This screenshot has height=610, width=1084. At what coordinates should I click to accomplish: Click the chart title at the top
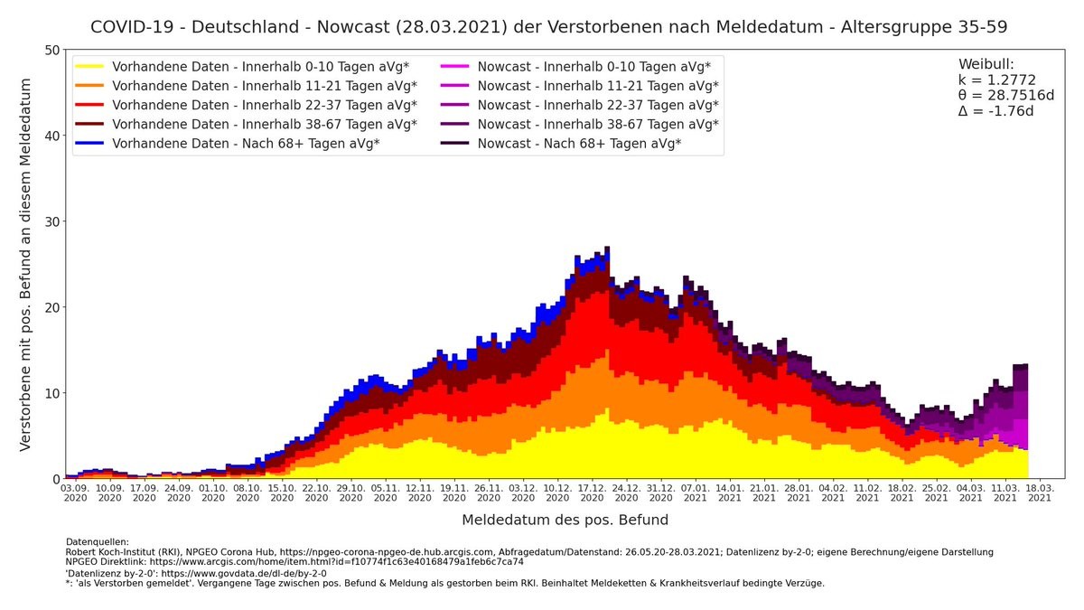[x=548, y=27]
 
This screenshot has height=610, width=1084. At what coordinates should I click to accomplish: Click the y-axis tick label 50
[x=53, y=50]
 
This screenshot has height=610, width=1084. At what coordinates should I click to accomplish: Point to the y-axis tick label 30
[x=53, y=221]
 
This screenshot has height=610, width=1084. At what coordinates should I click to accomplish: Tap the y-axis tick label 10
[x=53, y=393]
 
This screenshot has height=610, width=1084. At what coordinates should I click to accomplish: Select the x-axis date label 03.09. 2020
[x=75, y=492]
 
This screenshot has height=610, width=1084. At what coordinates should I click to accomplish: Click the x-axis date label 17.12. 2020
[x=592, y=492]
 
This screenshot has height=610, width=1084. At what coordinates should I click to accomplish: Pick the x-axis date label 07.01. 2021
[x=695, y=492]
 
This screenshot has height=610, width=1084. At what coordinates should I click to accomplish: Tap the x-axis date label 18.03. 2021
[x=1040, y=492]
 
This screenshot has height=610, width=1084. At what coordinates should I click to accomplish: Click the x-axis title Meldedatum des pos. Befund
[x=565, y=520]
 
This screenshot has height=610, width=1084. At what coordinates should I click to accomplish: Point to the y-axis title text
[x=25, y=264]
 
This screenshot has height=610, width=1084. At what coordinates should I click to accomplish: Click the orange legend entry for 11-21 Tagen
[x=264, y=86]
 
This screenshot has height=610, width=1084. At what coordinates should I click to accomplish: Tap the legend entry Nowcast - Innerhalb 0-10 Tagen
[x=593, y=67]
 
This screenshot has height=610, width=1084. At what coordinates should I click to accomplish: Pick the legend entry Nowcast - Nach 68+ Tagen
[x=579, y=144]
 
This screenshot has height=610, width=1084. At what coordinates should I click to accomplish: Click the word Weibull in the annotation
[x=986, y=64]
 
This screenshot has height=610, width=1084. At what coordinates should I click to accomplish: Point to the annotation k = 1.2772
[x=996, y=80]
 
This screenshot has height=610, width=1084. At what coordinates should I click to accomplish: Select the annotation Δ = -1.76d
[x=995, y=111]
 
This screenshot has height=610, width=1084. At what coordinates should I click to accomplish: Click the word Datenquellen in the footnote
[x=98, y=541]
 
